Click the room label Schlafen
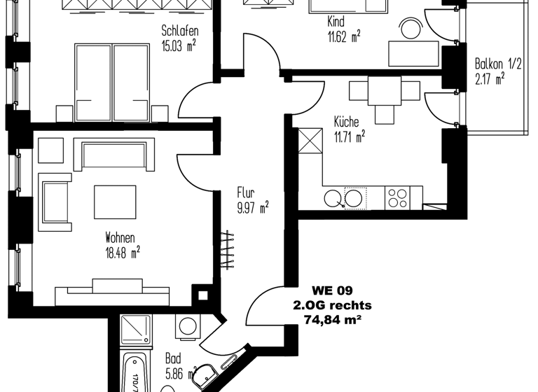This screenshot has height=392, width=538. pyautogui.click(x=179, y=31)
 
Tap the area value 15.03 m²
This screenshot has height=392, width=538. pyautogui.click(x=179, y=46)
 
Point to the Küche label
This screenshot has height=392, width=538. pyautogui.click(x=346, y=122)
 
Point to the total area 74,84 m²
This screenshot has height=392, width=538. pyautogui.click(x=332, y=320)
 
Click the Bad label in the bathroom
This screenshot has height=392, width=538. pyautogui.click(x=173, y=357)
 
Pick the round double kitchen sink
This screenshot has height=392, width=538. pyautogui.click(x=344, y=199)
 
